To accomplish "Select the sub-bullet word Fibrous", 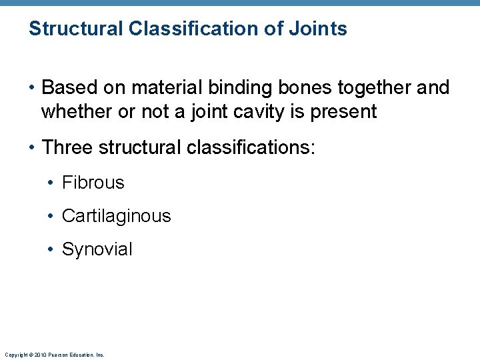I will pos(93,183).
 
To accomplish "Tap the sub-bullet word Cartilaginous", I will pos(116,216).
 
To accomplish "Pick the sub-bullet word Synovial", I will pos(97,249).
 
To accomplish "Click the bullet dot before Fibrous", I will pos(51,183).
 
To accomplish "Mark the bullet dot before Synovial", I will pos(51,249).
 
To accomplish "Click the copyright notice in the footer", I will pos(54,355).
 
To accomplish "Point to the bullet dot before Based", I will pos(32,87).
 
